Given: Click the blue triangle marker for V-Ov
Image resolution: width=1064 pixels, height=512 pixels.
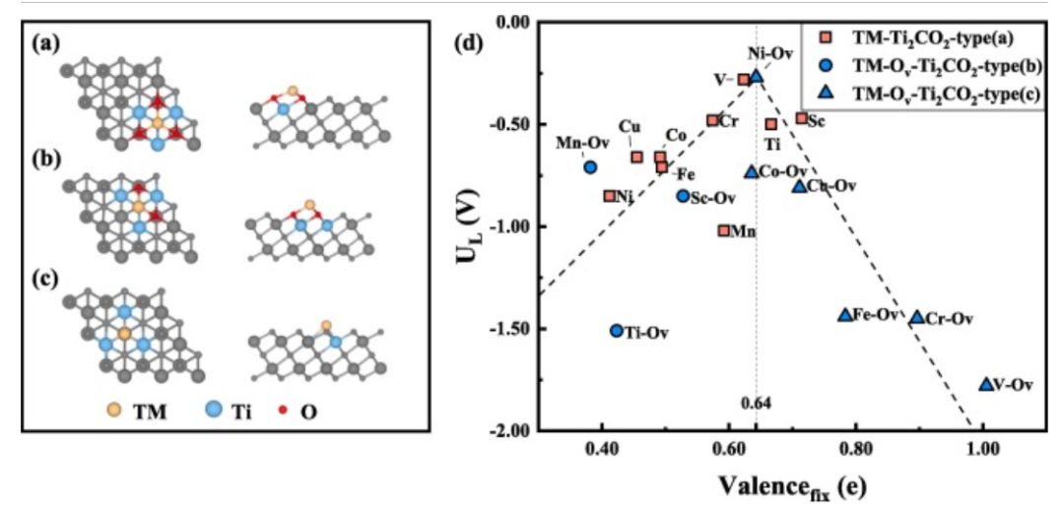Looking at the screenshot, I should click(985, 384).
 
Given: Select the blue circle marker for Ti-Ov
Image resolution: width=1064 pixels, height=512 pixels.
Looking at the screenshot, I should click(617, 332).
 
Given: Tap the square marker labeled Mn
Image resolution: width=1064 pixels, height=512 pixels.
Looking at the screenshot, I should click(724, 230).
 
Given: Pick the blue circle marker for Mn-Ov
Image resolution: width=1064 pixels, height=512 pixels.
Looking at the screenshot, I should click(590, 167).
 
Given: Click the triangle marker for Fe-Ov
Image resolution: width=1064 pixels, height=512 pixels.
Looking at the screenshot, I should click(844, 314).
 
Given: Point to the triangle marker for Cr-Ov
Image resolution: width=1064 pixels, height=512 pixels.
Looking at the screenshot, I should click(917, 317).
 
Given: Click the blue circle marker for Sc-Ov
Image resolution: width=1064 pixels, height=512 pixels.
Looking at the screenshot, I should click(683, 196).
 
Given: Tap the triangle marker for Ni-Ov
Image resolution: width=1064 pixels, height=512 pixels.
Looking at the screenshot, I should click(756, 76).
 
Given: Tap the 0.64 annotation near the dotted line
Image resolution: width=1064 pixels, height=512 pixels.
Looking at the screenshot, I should click(754, 402).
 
